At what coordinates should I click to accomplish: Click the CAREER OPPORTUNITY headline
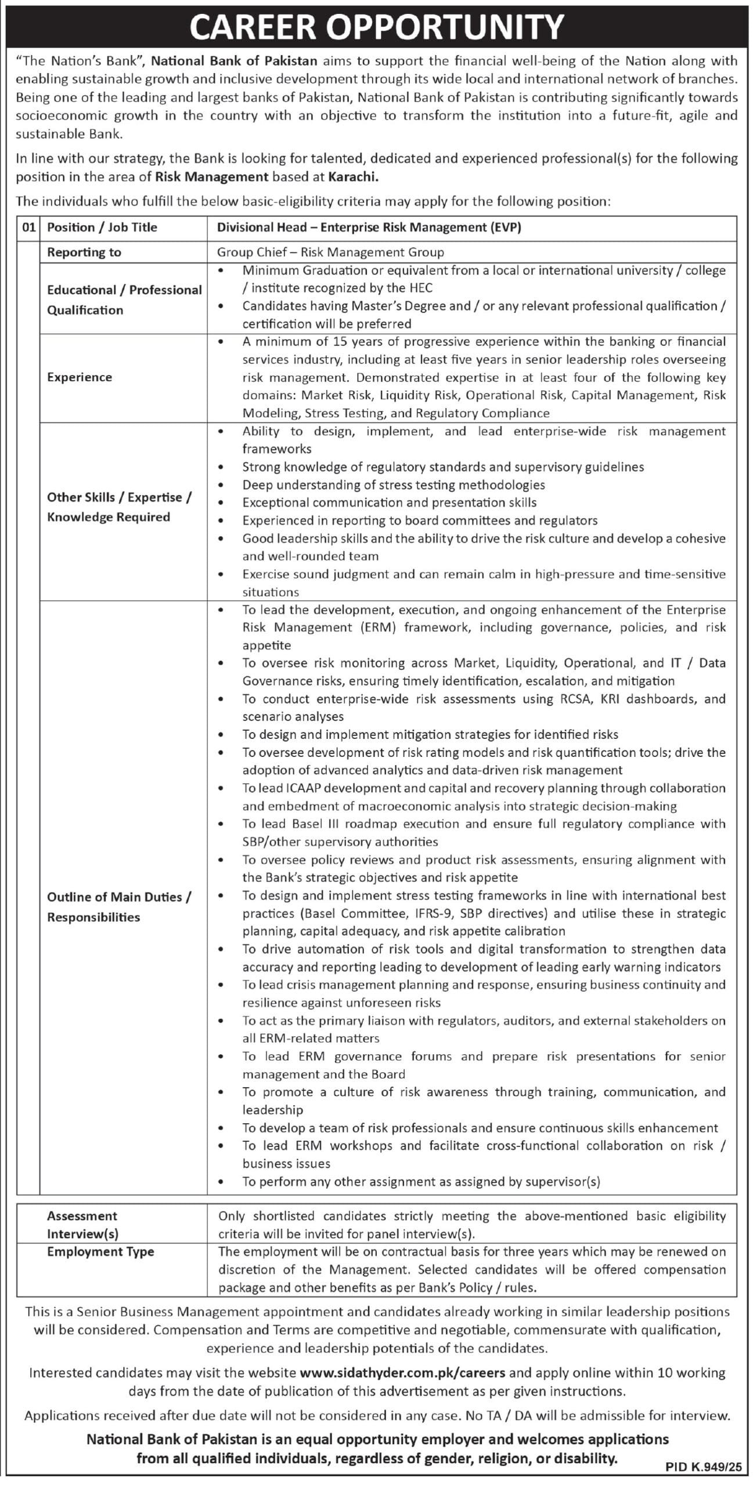coord(376,26)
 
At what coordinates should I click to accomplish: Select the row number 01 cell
coord(28,228)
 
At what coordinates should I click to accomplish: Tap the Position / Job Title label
coord(102,228)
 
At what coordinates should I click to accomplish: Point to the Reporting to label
coord(84,252)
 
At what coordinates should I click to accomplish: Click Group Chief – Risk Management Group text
coord(330,252)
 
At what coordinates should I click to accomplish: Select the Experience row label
coord(80,377)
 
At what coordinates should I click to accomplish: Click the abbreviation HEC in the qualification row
coord(419,288)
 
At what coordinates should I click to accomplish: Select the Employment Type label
coord(100,1251)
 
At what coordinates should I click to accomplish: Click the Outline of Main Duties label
coord(118,897)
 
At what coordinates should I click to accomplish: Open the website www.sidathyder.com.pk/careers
coord(402,1373)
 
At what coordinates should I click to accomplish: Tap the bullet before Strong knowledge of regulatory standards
coord(221,467)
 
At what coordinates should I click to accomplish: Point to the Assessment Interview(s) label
coord(82,1225)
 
